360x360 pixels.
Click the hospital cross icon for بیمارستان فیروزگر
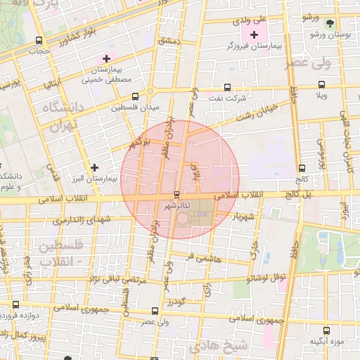coord(254,34)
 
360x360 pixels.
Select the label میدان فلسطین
coord(141,108)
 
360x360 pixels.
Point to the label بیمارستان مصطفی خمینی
coord(107,75)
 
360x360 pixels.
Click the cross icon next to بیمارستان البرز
coord(94,167)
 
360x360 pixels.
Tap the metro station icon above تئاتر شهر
coord(176,193)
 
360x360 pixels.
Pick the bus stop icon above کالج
coord(302,168)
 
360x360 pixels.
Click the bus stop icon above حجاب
coord(39,39)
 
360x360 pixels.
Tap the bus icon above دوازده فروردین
coord(15,304)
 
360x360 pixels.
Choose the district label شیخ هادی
coord(229,346)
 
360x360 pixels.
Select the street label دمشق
coord(169,43)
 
